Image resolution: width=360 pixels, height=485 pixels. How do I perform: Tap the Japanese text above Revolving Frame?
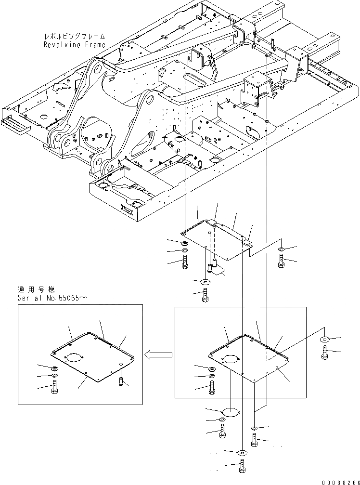point(74,36)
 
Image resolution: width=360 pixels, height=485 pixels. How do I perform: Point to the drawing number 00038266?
point(340,480)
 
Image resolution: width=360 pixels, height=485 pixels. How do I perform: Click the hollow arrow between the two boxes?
point(159,355)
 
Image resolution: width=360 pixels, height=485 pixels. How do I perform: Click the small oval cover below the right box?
point(230,412)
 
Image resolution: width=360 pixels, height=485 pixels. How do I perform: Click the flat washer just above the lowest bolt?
point(242,452)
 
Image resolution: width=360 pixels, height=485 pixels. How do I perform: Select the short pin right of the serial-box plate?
point(120,381)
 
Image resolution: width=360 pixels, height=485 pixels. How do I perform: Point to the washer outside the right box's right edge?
point(324,340)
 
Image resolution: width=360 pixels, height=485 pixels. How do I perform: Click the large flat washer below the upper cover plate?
point(206,282)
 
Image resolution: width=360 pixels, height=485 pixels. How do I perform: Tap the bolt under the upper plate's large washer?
point(206,295)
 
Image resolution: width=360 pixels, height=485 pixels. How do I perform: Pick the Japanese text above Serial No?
point(36,289)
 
